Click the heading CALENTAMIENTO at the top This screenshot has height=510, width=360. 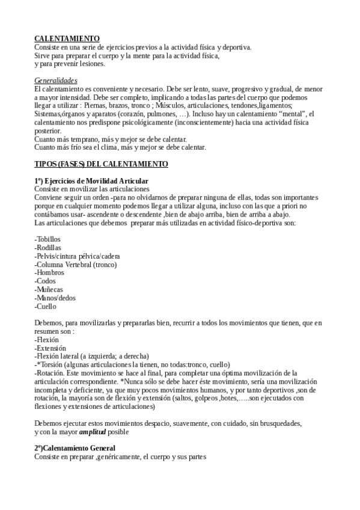(x=67, y=38)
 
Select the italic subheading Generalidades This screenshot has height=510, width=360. (x=55, y=80)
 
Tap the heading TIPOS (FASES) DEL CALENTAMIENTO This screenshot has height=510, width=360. (x=101, y=164)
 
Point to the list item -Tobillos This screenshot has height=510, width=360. (x=47, y=239)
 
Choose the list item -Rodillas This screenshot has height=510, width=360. (x=47, y=248)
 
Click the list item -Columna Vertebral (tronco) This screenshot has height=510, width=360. (x=76, y=265)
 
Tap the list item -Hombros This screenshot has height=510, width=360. (x=49, y=272)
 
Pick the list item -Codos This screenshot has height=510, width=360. (x=45, y=281)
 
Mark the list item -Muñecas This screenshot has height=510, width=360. (x=48, y=289)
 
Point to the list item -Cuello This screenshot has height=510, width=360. (x=46, y=306)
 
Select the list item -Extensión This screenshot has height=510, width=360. (x=50, y=348)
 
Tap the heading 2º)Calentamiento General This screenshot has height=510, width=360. (x=75, y=449)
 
